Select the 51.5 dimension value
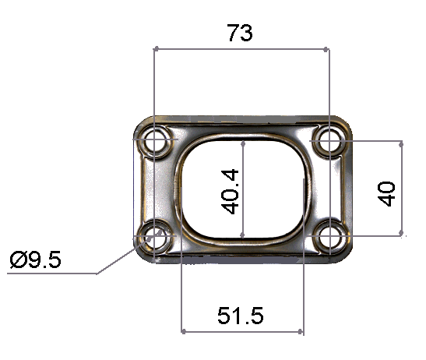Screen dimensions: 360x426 tap(241, 316)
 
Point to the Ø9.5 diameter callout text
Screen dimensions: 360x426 tap(37, 259)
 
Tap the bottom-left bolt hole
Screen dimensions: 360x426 tap(157, 237)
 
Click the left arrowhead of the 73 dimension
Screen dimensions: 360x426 tap(159, 49)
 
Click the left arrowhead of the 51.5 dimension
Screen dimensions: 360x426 tap(185, 331)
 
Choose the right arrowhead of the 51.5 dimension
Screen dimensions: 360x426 tap(299, 331)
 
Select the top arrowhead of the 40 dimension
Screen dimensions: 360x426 tap(401, 145)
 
